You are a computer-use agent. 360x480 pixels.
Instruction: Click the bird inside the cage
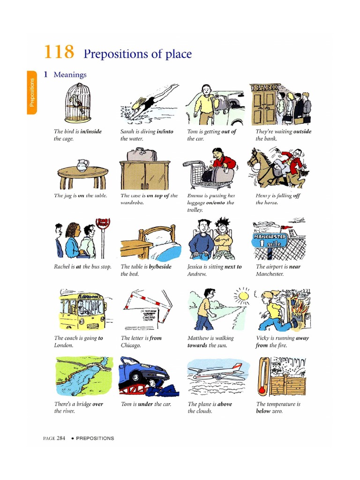click(75, 102)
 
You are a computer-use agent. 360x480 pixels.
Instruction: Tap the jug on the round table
click(82, 165)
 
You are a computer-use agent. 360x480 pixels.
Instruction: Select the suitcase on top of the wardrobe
click(142, 154)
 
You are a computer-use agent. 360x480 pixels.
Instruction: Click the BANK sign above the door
click(265, 88)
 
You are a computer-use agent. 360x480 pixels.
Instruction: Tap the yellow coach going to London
click(82, 310)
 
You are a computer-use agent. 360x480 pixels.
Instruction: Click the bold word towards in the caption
click(197, 345)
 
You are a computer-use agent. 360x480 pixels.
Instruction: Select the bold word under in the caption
click(145, 404)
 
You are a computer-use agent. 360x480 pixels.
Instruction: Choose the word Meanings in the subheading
click(70, 75)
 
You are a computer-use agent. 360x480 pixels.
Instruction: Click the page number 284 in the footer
click(61, 438)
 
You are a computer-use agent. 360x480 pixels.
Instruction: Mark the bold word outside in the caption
click(302, 132)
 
